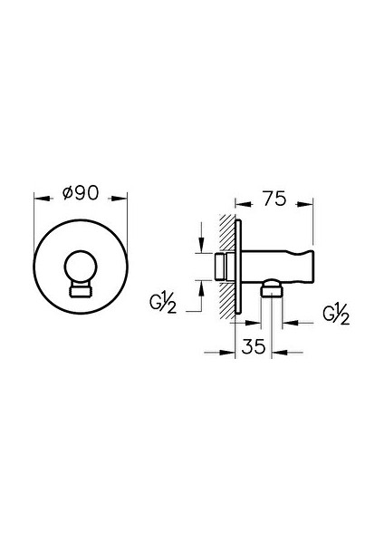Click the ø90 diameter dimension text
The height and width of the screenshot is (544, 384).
[81, 193]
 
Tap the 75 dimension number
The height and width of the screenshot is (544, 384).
[274, 199]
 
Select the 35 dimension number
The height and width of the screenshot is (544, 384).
[254, 346]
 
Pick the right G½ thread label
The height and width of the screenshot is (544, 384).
[336, 315]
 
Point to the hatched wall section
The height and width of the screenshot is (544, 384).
[227, 267]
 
